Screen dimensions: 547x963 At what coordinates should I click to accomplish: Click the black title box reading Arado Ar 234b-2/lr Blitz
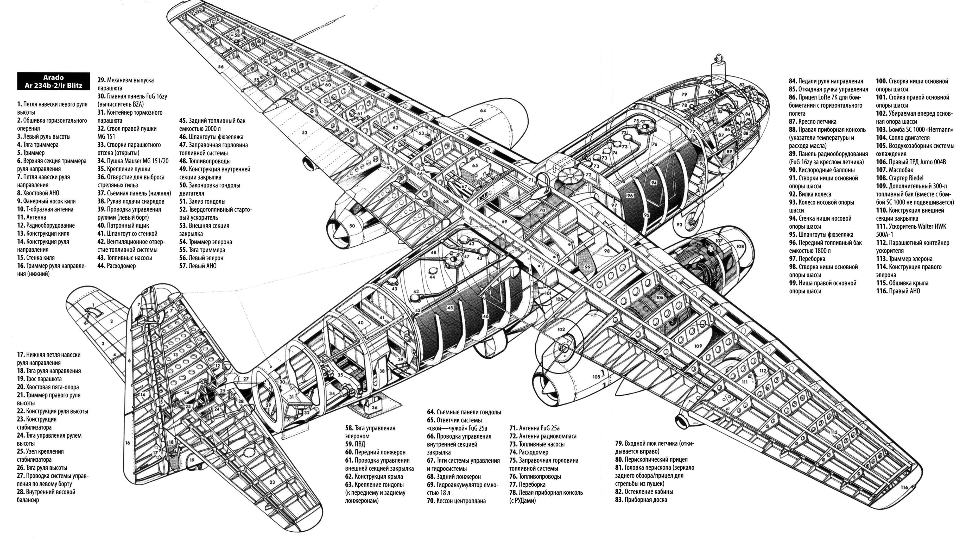(53, 82)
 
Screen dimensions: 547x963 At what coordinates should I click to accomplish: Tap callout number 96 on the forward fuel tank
(629, 196)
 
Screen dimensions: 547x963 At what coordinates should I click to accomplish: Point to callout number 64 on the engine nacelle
(483, 110)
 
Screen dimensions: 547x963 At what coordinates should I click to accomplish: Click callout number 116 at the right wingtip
(904, 488)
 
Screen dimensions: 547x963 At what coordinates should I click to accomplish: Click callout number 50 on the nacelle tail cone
(352, 226)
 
